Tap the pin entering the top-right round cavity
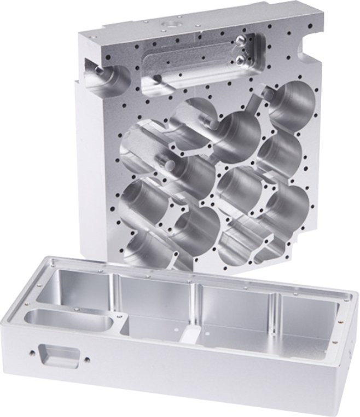268,95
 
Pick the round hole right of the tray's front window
87,360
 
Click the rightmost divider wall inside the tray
279,312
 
